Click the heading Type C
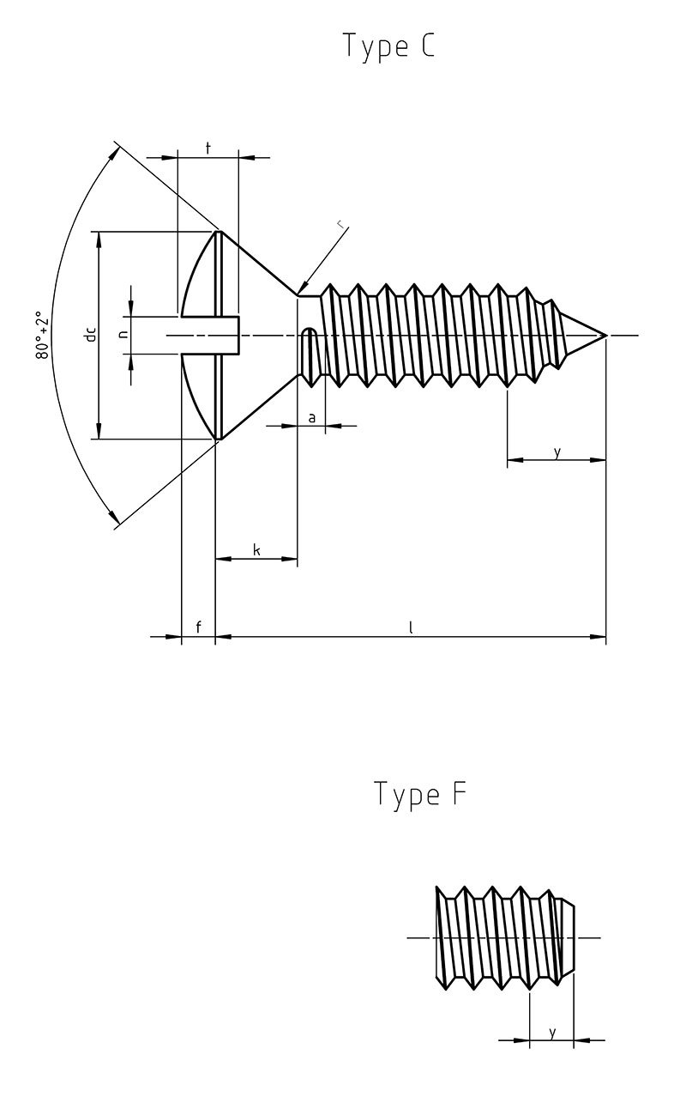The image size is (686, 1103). coord(388,46)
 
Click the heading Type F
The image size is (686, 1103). coord(419,794)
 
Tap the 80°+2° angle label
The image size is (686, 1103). coord(43,336)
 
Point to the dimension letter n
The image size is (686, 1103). coord(123,335)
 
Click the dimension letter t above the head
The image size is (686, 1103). coord(208,148)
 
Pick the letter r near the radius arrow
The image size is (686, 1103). coord(341,225)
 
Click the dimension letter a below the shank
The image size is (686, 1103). coord(312,417)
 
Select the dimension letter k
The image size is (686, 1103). coord(256,549)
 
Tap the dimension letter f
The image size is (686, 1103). coord(198,627)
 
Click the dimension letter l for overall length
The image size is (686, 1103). coord(411,627)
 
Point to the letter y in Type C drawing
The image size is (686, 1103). coord(557,452)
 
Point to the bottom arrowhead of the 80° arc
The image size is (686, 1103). coord(115,520)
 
